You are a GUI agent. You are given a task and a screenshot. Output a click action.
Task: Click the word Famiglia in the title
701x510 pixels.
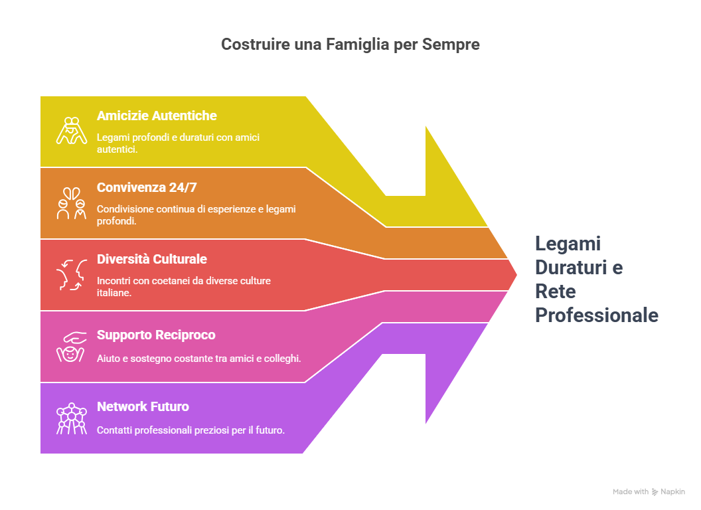(x=357, y=44)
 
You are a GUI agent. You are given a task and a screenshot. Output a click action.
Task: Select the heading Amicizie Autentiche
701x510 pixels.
(x=157, y=116)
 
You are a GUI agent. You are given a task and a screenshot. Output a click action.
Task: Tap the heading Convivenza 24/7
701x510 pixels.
(x=147, y=187)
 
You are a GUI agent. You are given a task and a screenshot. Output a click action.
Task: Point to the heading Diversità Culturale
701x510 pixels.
(x=151, y=259)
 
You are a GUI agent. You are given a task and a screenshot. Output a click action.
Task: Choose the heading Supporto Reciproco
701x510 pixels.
(x=156, y=335)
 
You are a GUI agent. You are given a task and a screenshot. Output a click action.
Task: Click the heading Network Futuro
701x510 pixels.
(x=143, y=406)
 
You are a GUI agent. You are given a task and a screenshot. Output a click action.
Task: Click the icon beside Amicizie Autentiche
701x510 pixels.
(x=72, y=131)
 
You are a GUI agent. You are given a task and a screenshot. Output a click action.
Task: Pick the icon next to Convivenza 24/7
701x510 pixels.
(x=72, y=203)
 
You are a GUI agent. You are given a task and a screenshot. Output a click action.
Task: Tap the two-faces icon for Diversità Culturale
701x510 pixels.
(x=72, y=275)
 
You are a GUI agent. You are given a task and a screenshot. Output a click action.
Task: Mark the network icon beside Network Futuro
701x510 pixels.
(x=72, y=419)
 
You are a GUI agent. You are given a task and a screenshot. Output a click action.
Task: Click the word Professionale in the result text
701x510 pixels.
(x=596, y=315)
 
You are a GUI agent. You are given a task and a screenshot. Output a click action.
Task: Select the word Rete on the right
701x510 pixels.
(x=555, y=292)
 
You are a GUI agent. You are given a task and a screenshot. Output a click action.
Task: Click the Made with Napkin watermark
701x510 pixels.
(x=649, y=491)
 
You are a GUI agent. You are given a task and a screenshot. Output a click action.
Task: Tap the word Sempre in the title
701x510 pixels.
(x=451, y=44)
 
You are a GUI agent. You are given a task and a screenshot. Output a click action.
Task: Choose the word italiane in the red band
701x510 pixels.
(x=114, y=293)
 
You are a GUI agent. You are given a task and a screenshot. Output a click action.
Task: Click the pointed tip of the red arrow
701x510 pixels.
(x=516, y=275)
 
